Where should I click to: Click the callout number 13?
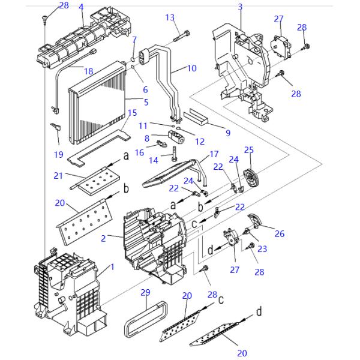pyautogui.click(x=170, y=17)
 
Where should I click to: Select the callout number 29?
pyautogui.click(x=145, y=292)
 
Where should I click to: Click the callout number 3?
pyautogui.click(x=240, y=7)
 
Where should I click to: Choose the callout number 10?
pyautogui.click(x=191, y=68)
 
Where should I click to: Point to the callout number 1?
pyautogui.click(x=110, y=266)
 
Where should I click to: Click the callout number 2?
pyautogui.click(x=104, y=238)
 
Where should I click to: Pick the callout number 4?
pyautogui.click(x=81, y=7)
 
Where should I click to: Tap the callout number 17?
pyautogui.click(x=214, y=155)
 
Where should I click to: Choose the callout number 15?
pyautogui.click(x=132, y=112)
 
